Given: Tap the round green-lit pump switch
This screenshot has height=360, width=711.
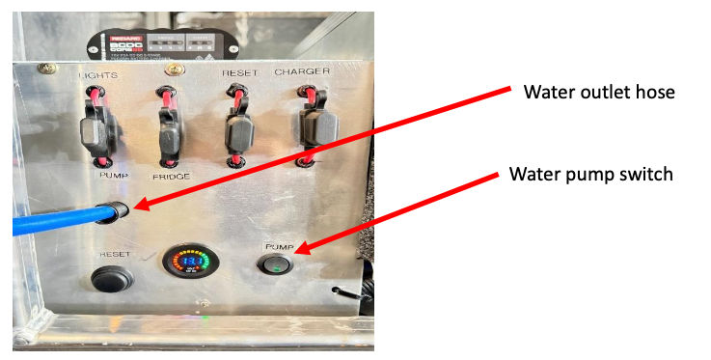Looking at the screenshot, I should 278,261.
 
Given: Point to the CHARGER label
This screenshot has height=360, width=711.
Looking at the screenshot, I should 302,72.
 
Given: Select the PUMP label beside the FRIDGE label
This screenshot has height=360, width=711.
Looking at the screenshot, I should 114,176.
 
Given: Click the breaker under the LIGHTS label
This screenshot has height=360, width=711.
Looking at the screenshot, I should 100,126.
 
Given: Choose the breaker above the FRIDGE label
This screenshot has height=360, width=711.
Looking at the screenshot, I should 171,125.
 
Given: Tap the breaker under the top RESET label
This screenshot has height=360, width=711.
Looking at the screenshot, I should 237,126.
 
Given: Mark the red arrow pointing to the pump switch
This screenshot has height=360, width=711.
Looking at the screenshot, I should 396,214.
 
